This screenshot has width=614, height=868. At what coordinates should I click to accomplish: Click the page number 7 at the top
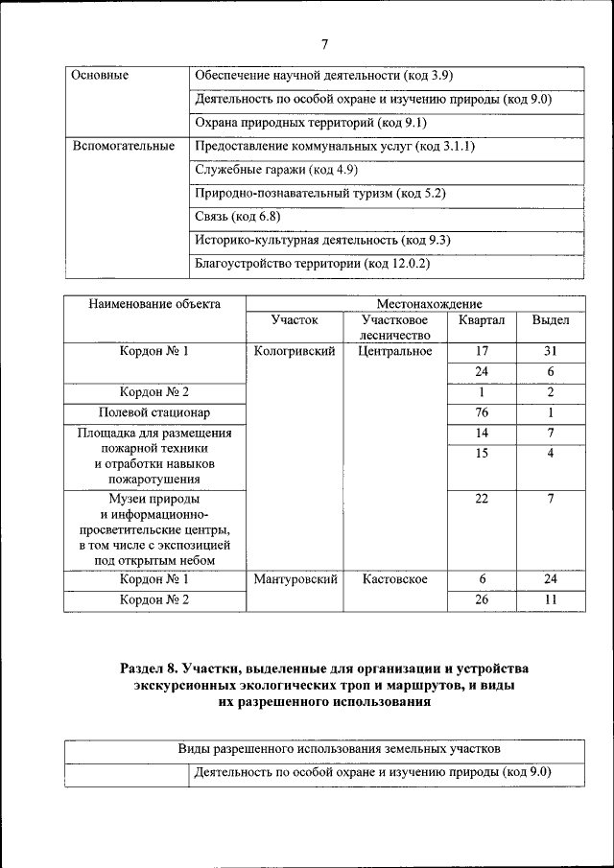(x=324, y=44)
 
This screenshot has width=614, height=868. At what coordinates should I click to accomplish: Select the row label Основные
(x=100, y=75)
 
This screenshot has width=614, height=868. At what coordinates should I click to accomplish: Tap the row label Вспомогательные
(x=124, y=147)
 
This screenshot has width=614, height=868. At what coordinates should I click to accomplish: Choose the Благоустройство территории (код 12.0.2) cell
(x=312, y=263)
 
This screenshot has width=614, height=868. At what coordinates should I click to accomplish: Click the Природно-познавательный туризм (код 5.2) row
(x=319, y=194)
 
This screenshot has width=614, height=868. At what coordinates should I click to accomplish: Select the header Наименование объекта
(x=154, y=304)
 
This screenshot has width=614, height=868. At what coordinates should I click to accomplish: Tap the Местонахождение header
(x=414, y=304)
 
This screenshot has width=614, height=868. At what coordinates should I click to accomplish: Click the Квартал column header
(x=482, y=320)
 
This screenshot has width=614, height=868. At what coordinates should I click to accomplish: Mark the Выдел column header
(x=551, y=320)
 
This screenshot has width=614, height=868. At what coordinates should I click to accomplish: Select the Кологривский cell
(x=294, y=351)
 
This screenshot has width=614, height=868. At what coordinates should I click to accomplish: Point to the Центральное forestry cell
(x=394, y=351)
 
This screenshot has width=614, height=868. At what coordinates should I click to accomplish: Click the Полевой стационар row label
(x=154, y=412)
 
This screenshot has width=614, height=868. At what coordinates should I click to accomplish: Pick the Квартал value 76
(x=482, y=412)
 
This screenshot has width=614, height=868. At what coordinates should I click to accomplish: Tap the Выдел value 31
(x=551, y=351)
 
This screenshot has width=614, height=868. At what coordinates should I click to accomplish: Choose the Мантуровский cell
(x=294, y=579)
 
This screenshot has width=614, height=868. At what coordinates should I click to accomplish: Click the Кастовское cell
(x=394, y=579)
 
